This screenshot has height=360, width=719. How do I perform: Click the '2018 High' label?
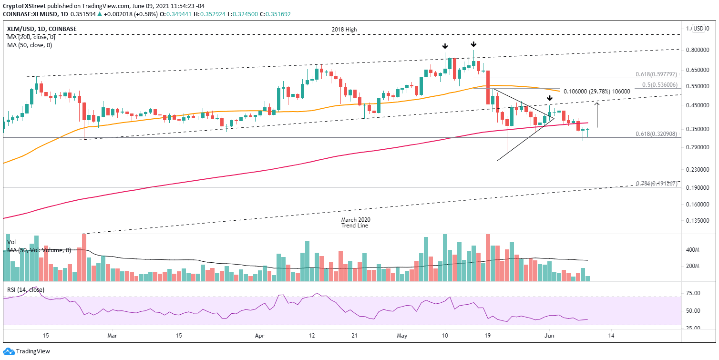(x=344, y=30)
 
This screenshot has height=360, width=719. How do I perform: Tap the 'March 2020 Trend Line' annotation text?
(x=355, y=223)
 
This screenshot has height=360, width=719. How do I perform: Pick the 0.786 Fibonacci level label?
(x=656, y=184)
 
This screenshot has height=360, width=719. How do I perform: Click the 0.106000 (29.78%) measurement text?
(x=600, y=92)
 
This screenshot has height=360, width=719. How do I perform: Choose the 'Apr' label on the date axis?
(x=260, y=335)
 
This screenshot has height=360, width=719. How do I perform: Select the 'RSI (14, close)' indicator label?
(x=26, y=289)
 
